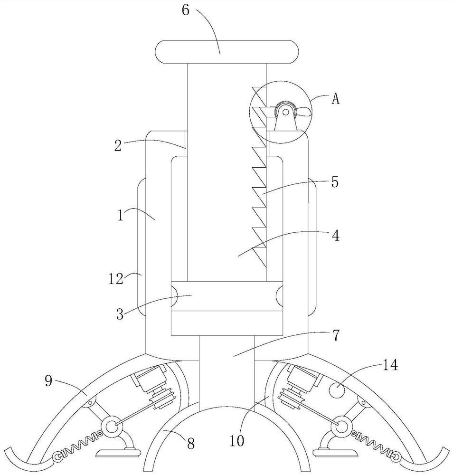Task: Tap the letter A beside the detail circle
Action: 335,98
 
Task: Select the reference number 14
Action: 390,365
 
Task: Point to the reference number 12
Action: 116,278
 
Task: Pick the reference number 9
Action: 48,381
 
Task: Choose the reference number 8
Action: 190,444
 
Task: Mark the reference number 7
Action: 336,335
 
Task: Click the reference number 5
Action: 335,182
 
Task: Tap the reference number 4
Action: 335,236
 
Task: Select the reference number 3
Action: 120,314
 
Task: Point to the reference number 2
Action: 118,146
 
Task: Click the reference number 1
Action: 121,215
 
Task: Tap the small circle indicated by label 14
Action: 337,390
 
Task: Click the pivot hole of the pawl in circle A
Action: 285,112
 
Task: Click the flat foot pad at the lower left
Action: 118,453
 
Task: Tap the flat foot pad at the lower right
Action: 336,453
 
